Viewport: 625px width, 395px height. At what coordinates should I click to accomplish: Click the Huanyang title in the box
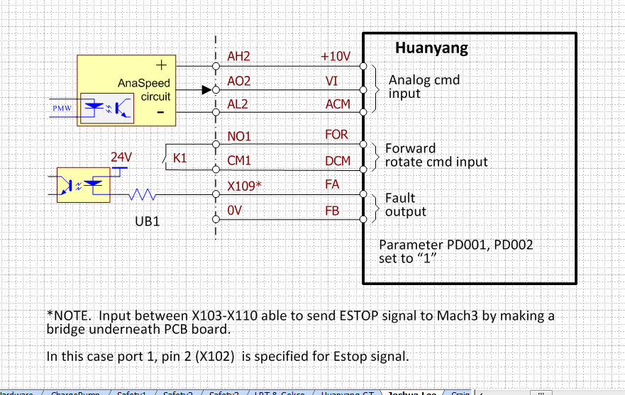(431, 49)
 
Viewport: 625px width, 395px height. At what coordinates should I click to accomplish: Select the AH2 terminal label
(239, 56)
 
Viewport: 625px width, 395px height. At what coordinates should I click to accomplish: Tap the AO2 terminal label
(239, 82)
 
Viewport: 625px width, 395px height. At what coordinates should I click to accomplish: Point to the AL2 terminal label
(238, 104)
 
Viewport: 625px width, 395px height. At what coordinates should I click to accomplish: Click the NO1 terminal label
(240, 135)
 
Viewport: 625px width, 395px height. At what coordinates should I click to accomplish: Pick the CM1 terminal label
(239, 161)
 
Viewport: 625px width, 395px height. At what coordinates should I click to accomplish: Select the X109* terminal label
(245, 186)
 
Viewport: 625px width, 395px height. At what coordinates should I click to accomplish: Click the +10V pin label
(336, 56)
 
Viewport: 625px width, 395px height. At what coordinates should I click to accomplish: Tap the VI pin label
(331, 82)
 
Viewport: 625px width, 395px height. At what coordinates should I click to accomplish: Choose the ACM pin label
(338, 104)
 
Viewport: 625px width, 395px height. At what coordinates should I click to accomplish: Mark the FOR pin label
(336, 134)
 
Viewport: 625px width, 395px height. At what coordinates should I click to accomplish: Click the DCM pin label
(338, 161)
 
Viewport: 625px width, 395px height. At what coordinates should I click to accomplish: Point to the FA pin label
(332, 185)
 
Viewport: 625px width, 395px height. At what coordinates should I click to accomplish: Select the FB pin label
(332, 211)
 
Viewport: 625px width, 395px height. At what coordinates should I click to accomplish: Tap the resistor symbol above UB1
(141, 194)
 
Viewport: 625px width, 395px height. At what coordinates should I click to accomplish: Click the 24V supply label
(121, 157)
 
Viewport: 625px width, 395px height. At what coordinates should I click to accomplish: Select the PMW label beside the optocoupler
(62, 109)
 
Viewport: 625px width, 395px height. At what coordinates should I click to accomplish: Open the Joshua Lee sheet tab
(411, 392)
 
